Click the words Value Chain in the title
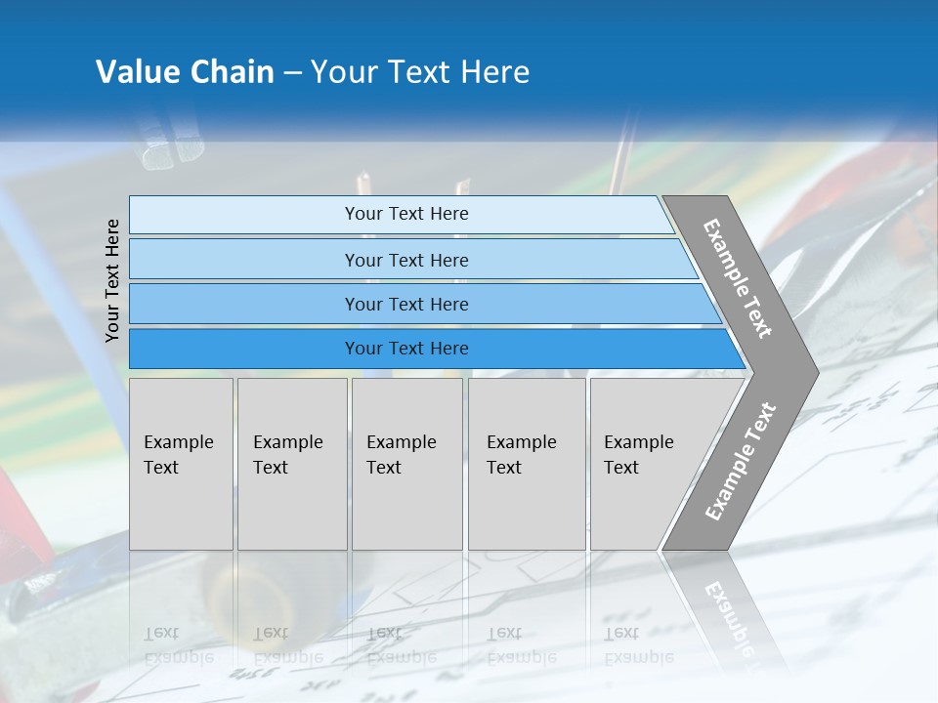click(185, 72)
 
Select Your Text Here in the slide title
click(420, 72)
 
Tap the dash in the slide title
click(292, 73)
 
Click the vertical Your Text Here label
click(112, 280)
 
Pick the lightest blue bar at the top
click(405, 214)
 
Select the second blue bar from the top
click(405, 260)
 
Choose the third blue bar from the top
click(405, 304)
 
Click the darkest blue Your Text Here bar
click(405, 349)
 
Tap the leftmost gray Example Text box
click(181, 464)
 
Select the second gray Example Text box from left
click(292, 464)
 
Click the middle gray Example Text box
click(406, 464)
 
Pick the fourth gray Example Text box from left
click(527, 464)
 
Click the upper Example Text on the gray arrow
click(738, 278)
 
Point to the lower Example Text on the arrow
click(741, 462)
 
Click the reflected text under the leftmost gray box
click(179, 645)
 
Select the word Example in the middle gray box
click(401, 442)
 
